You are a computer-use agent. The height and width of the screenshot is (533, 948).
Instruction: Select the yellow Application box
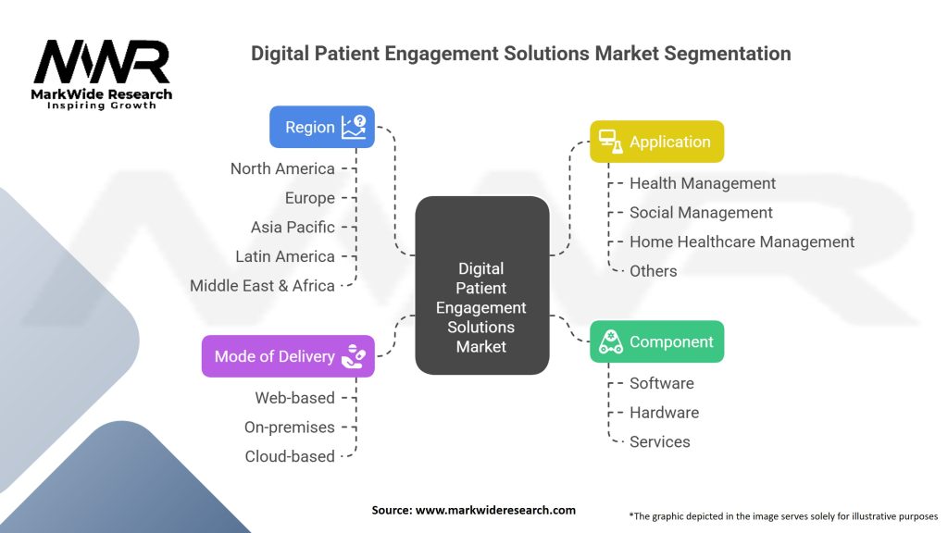coord(656,142)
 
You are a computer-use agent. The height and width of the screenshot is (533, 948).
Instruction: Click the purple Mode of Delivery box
coord(288,356)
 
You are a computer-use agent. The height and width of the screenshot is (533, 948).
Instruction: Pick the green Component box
coord(656,341)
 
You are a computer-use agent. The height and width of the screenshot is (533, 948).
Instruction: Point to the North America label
coord(282,168)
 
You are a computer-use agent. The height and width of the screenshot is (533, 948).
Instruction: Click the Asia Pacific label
coord(293,227)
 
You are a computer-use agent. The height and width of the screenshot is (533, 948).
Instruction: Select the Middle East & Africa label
coord(262,285)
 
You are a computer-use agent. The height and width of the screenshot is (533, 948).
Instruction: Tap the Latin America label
coord(285,256)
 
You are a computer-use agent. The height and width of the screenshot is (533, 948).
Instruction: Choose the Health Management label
coord(703,183)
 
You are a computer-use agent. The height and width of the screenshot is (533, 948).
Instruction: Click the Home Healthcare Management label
coord(742,242)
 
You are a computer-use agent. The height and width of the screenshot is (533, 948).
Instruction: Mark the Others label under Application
coord(653,271)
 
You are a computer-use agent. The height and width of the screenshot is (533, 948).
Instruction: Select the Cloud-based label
coord(290,456)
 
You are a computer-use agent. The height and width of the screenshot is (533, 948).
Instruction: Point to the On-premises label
coord(289,428)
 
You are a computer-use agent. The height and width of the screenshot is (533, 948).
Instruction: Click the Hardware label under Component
coord(664,413)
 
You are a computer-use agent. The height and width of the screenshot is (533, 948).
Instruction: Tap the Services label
coord(659,441)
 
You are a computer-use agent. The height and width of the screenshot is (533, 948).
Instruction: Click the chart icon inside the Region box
coord(353,127)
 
